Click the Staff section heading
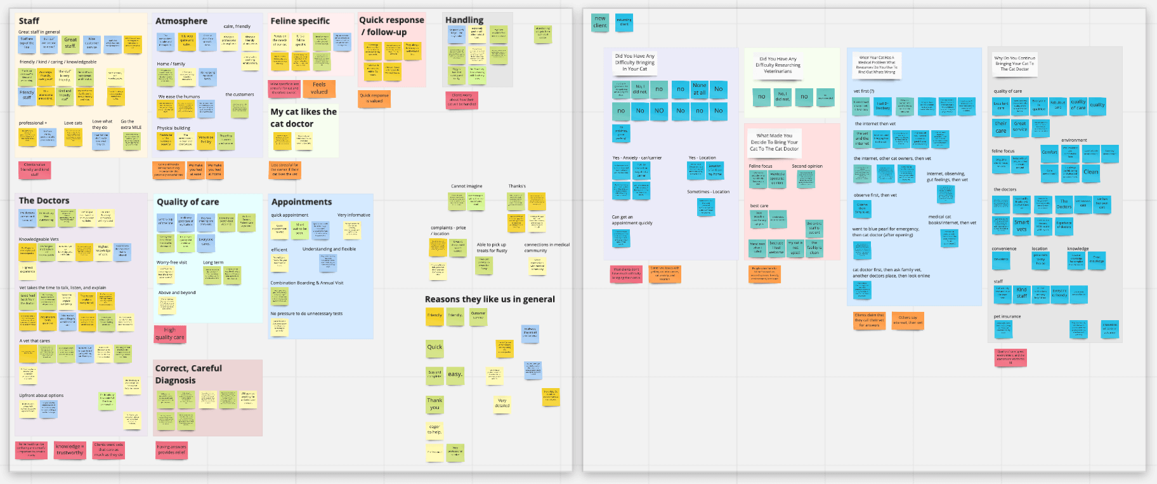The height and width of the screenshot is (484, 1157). click(29, 21)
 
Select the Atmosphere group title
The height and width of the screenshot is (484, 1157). click(181, 21)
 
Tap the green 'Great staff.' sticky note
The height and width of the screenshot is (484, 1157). click(70, 43)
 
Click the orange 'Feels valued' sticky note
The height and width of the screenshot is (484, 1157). click(319, 88)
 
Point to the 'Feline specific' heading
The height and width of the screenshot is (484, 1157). click(300, 21)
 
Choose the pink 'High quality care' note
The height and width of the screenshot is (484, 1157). click(170, 334)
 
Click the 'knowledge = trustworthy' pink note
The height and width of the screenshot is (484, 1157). click(70, 450)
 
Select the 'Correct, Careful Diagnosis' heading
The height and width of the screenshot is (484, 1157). click(189, 374)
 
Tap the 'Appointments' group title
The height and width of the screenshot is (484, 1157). click(301, 202)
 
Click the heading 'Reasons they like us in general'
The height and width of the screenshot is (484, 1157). click(490, 299)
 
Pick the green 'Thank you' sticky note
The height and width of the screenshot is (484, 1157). click(435, 404)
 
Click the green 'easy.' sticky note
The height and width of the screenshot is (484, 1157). click(455, 374)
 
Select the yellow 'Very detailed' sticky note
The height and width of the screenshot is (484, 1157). click(502, 403)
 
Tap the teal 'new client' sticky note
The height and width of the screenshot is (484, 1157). click(600, 22)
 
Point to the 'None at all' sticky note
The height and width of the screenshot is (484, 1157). click(699, 89)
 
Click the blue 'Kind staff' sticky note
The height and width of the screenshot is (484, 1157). click(1021, 293)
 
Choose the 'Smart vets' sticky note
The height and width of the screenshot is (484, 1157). click(1021, 225)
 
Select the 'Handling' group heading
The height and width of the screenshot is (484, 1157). click(464, 20)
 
